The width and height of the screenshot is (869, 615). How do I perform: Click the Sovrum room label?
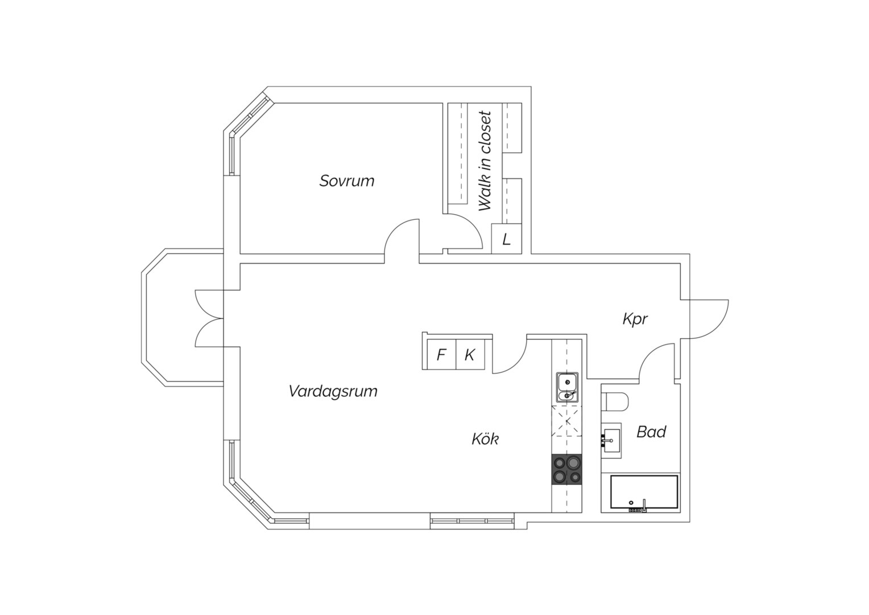pyautogui.click(x=346, y=181)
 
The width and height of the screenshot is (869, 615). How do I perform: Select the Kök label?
pyautogui.click(x=485, y=438)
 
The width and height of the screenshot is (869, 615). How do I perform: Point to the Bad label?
pyautogui.click(x=651, y=432)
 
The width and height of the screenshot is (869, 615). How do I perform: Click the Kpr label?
pyautogui.click(x=635, y=319)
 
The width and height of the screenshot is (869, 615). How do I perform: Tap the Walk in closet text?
pyautogui.click(x=485, y=161)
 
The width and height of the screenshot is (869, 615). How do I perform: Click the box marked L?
pyautogui.click(x=506, y=239)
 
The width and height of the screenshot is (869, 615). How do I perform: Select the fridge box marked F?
pyautogui.click(x=441, y=354)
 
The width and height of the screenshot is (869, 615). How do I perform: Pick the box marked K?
pyautogui.click(x=470, y=354)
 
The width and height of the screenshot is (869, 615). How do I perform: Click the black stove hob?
pyautogui.click(x=567, y=469)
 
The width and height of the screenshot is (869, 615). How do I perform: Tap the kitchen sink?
pyautogui.click(x=567, y=387)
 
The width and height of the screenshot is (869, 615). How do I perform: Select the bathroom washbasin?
pyautogui.click(x=611, y=441)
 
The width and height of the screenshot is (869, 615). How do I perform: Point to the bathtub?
pyautogui.click(x=644, y=491)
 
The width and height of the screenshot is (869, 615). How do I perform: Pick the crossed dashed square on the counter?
pyautogui.click(x=567, y=421)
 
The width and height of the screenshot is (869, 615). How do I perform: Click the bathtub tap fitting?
pyautogui.click(x=644, y=506)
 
